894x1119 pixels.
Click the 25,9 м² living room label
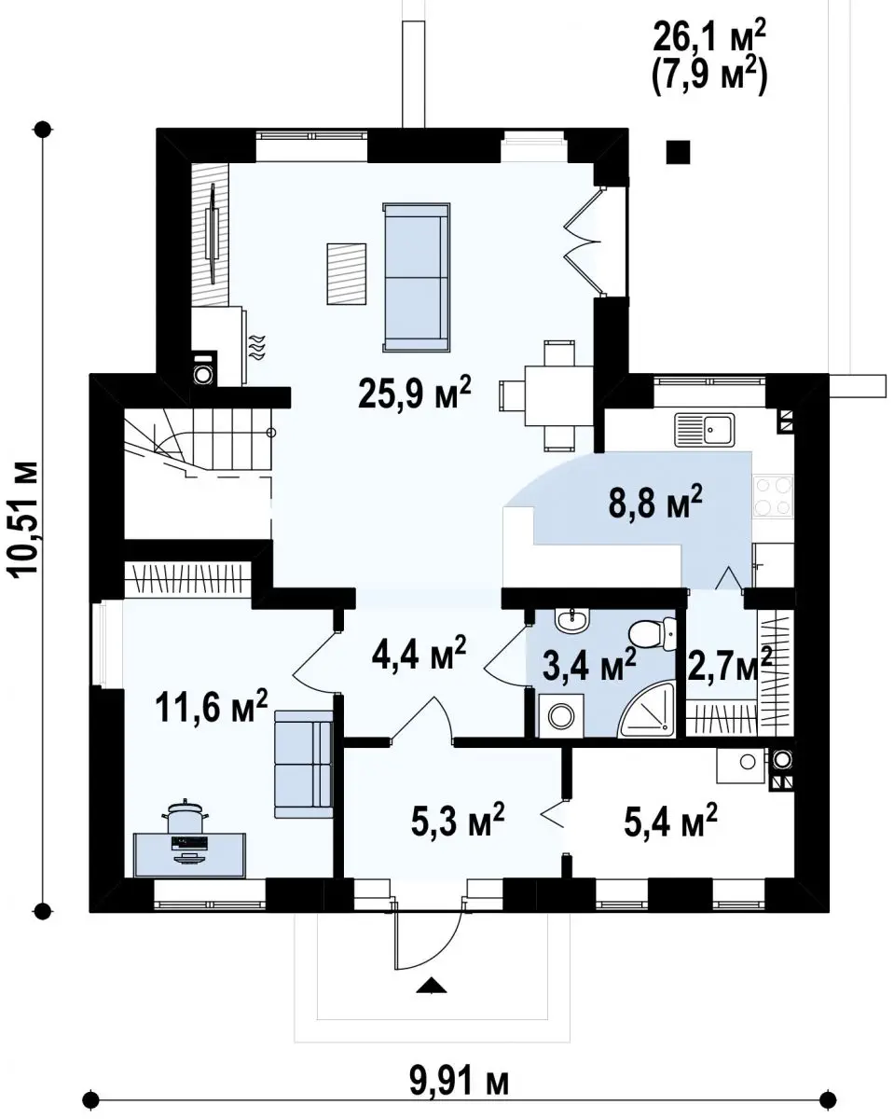pyautogui.click(x=414, y=395)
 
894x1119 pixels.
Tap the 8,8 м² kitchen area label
pyautogui.click(x=655, y=503)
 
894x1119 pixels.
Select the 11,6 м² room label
pyautogui.click(x=212, y=706)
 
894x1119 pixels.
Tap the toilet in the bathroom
pyautogui.click(x=653, y=634)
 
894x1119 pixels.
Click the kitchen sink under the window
pyautogui.click(x=705, y=430)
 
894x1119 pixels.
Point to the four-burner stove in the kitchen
pyautogui.click(x=774, y=497)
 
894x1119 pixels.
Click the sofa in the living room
pyautogui.click(x=417, y=277)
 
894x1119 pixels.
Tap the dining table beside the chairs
pyautogui.click(x=559, y=396)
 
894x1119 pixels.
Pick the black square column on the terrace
pyautogui.click(x=679, y=152)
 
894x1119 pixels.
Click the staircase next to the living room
pyautogui.click(x=198, y=448)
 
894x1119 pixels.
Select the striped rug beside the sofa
pyautogui.click(x=347, y=273)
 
